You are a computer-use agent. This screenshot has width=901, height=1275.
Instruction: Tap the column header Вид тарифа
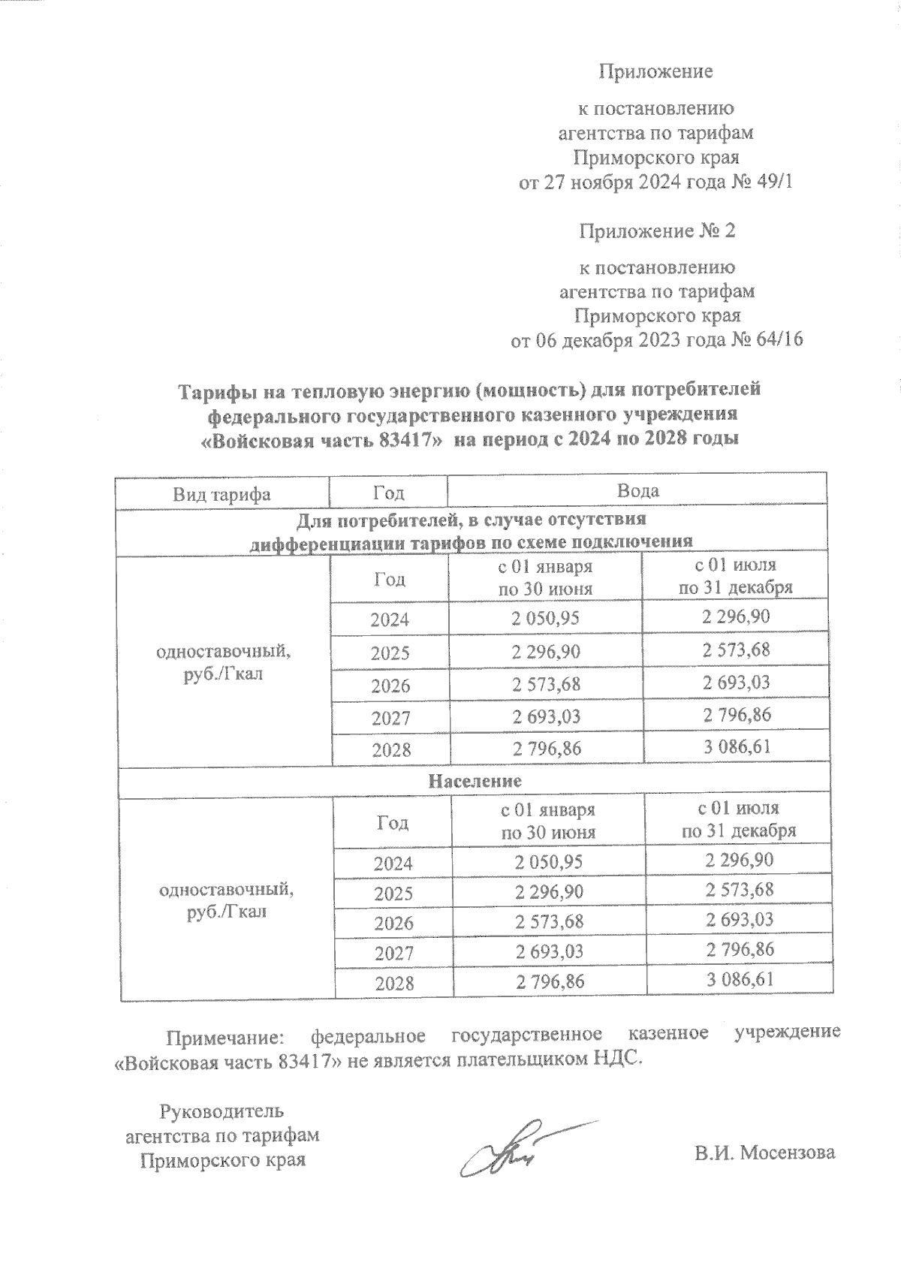pyautogui.click(x=221, y=493)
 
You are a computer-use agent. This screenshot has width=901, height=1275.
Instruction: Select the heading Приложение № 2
pyautogui.click(x=656, y=231)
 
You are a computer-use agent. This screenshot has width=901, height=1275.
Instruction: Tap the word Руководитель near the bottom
pyautogui.click(x=222, y=1110)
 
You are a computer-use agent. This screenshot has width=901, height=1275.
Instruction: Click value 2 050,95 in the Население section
pyautogui.click(x=549, y=862)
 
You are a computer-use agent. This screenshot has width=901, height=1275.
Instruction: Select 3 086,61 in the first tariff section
pyautogui.click(x=737, y=747)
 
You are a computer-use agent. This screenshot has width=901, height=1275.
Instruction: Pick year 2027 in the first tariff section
pyautogui.click(x=390, y=718)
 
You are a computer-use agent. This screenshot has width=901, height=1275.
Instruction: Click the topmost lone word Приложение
pyautogui.click(x=655, y=72)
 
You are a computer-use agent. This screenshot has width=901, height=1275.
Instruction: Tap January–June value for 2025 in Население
pyautogui.click(x=549, y=892)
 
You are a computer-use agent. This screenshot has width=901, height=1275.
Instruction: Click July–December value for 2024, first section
pyautogui.click(x=736, y=617)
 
